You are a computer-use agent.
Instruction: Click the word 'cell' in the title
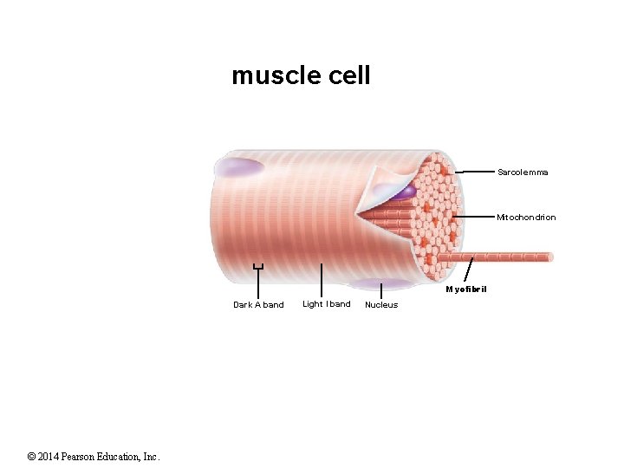pos(350,76)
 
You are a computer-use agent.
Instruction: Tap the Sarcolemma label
pos(523,172)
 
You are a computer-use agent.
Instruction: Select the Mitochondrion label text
pos(526,218)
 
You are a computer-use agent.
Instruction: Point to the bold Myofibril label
pos(466,289)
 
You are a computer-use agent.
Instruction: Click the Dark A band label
pos(258,305)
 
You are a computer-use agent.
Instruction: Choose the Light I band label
pos(327,304)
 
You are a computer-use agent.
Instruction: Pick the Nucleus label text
pos(381,305)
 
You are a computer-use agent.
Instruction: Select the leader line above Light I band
pos(322,281)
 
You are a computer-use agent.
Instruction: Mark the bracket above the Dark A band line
pos(257,267)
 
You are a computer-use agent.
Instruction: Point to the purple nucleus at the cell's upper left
pos(237,166)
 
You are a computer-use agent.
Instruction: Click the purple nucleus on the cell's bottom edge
pos(380,283)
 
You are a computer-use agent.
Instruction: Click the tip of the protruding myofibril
pos(549,257)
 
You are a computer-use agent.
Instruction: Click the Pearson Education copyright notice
pos(94,456)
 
